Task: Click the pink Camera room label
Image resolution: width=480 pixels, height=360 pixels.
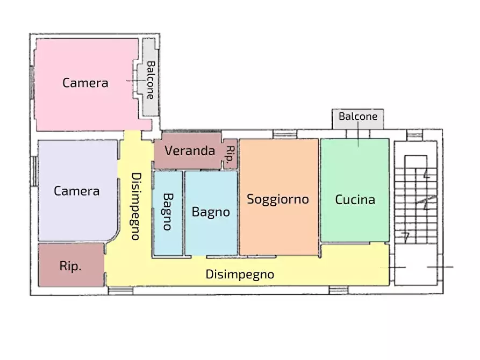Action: tap(85, 83)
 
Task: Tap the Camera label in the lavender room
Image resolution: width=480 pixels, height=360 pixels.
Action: tap(76, 191)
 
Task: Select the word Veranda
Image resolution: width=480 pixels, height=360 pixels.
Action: tap(190, 150)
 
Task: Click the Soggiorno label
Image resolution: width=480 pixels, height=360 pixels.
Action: tap(278, 199)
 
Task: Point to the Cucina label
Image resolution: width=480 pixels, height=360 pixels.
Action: tap(355, 199)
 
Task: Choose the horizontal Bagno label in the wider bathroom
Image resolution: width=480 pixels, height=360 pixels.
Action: tap(211, 212)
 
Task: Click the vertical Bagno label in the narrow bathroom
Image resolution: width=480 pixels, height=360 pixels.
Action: tap(168, 212)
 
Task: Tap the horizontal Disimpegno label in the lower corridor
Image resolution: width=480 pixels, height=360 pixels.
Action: tap(240, 274)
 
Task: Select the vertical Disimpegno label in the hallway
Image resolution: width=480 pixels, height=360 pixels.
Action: tap(136, 207)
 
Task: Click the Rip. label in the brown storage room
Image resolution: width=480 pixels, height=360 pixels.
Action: tap(70, 266)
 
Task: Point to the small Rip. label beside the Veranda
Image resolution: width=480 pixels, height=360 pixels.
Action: tap(230, 154)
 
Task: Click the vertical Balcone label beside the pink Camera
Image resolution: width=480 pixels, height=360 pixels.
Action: tap(151, 80)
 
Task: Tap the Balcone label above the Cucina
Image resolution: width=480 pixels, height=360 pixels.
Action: tap(358, 116)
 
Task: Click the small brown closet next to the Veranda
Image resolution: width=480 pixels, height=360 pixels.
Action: tap(230, 154)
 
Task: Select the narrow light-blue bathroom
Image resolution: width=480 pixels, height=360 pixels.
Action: tap(168, 213)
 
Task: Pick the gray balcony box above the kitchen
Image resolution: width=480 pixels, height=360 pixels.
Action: tap(358, 119)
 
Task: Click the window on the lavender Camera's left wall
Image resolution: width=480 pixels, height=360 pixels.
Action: tap(34, 171)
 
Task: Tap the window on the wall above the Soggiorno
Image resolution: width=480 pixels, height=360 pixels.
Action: tap(285, 134)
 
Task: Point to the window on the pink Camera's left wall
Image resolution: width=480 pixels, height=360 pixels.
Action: tap(32, 82)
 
